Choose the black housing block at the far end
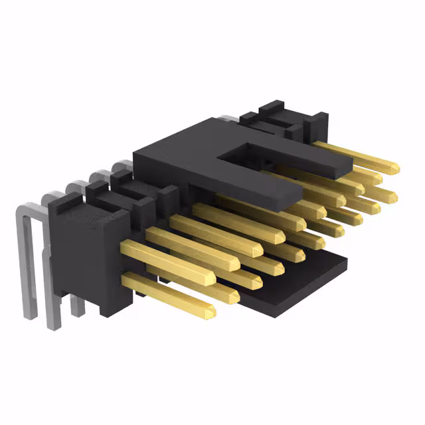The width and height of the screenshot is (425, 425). [292, 120]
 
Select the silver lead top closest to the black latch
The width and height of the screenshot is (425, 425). [122, 166]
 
